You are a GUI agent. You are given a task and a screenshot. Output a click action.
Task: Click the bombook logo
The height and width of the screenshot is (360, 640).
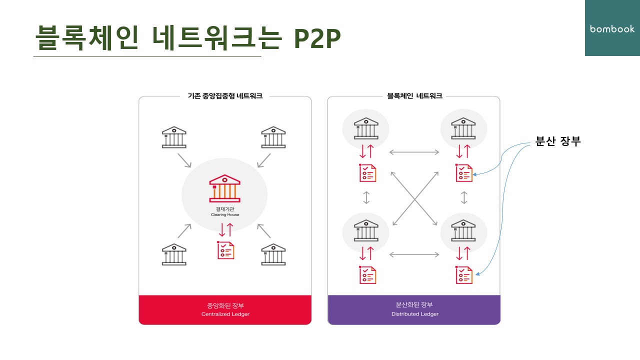(x=612, y=29)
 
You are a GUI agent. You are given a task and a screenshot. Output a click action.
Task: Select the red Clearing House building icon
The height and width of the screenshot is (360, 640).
(x=224, y=188)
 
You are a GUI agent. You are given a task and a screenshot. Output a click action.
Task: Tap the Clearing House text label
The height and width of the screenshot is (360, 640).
(x=224, y=214)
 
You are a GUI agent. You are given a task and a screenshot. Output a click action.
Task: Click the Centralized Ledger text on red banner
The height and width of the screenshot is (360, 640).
(x=225, y=314)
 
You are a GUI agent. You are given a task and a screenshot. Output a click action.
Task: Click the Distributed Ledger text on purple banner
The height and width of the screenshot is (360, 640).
(x=414, y=314)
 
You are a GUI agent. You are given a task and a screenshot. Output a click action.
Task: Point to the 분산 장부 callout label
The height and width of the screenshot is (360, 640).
(x=557, y=141)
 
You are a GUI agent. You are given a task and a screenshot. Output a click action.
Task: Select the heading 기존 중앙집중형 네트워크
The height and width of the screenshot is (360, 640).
(x=224, y=96)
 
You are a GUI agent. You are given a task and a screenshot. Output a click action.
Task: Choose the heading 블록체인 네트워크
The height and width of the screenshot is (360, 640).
(x=414, y=96)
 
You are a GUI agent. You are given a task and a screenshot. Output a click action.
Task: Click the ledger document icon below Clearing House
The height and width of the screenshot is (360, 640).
(x=225, y=250)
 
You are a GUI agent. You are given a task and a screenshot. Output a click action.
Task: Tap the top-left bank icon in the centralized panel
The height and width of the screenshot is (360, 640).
(x=174, y=137)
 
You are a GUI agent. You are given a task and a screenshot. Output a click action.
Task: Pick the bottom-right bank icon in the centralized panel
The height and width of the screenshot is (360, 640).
(x=273, y=254)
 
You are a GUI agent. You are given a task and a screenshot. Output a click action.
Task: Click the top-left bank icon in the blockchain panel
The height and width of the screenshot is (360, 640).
(x=366, y=129)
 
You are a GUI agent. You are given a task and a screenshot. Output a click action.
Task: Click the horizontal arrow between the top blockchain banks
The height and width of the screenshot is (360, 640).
(x=414, y=152)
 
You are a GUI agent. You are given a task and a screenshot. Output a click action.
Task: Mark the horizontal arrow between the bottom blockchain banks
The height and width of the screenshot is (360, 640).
(x=414, y=254)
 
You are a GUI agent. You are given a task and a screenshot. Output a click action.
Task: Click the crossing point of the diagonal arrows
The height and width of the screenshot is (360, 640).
(x=414, y=199)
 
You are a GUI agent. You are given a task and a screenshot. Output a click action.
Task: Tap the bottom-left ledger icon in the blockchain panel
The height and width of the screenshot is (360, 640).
(x=367, y=275)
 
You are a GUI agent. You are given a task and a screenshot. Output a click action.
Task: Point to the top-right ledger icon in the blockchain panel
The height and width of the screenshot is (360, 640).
(x=464, y=172)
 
